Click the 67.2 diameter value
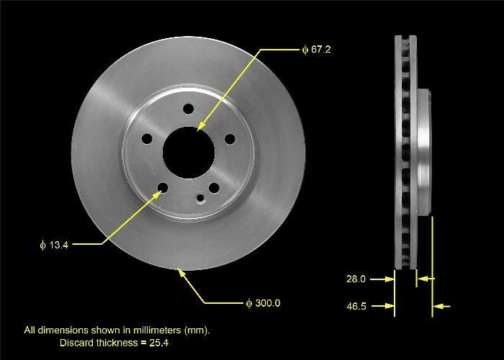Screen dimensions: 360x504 coord(321,50)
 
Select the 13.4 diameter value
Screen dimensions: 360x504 coord(58,245)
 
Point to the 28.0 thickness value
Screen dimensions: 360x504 coord(356,278)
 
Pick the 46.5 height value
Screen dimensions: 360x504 coord(356,306)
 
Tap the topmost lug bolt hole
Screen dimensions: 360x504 coord(189,109)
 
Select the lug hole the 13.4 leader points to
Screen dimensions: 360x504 coord(163,189)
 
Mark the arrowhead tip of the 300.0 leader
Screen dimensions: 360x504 coord(179,269)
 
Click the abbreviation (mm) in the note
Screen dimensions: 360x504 coord(194,330)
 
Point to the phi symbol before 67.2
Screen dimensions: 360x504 coord(305,50)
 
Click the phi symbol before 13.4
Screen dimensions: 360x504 coord(42,245)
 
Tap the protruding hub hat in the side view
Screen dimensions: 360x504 coord(424,151)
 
